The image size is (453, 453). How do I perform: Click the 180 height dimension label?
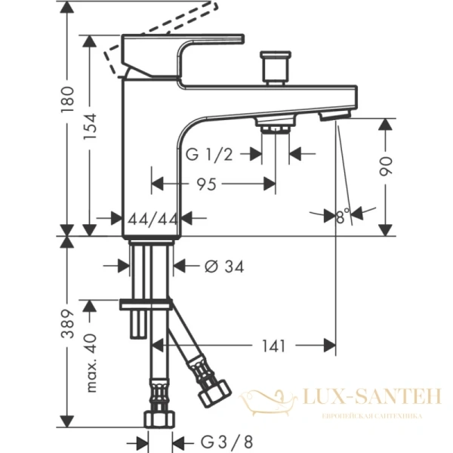coord(67,100)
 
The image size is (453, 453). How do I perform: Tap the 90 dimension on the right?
coord(387,165)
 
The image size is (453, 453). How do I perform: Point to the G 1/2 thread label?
coord(208,155)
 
